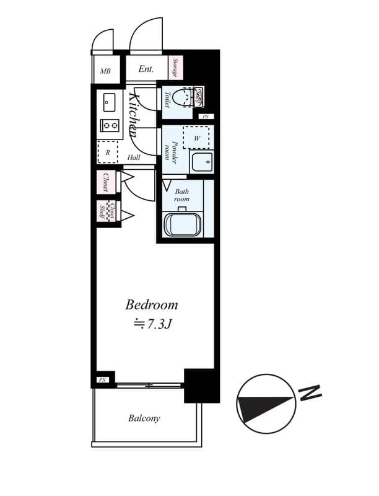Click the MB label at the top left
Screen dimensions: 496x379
pos(105,70)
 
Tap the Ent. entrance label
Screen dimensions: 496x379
pos(146,69)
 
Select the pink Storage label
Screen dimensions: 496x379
pos(176,68)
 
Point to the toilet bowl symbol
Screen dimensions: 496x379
pos(183,98)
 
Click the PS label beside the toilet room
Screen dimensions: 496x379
pos(205,117)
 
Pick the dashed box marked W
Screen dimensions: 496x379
pos(197,137)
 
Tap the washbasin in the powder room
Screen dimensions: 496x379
pos(201,163)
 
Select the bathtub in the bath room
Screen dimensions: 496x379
pos(182,223)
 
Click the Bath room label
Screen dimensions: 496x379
pos(181,195)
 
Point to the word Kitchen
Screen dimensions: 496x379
pos(133,115)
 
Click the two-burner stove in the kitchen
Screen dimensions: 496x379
pos(110,125)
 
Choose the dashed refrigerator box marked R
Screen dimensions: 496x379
pos(108,152)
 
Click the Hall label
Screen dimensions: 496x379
pos(134,157)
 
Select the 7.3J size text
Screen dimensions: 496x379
pos(152,323)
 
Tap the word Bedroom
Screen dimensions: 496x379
pos(152,304)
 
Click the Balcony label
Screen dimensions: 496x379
pos(144,418)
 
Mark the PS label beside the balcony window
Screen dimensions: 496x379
pos(102,379)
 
